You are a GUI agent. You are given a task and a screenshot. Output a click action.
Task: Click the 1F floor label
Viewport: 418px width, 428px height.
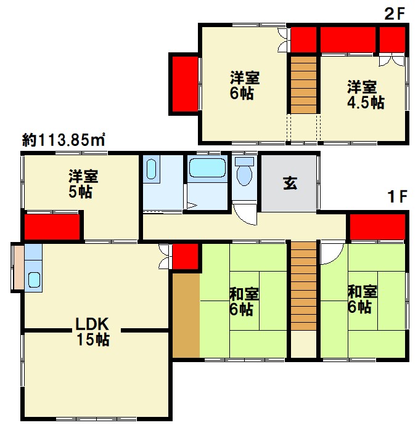[397, 196]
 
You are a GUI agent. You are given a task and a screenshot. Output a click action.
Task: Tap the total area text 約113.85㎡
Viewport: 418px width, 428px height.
[64, 140]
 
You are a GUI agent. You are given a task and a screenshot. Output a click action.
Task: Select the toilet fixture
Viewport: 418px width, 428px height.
[244, 171]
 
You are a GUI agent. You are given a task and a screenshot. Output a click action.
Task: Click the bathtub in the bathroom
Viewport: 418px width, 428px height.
[207, 168]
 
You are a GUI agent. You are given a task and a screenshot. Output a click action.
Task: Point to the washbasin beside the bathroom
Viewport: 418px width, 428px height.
[151, 169]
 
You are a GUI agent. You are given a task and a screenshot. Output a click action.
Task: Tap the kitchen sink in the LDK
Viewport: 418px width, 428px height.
[35, 280]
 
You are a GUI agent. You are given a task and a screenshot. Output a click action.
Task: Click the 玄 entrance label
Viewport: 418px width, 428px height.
[290, 183]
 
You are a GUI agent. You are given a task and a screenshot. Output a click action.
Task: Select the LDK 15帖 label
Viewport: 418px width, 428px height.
[92, 332]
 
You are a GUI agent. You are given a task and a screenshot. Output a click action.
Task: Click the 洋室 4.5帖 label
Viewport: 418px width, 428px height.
[366, 94]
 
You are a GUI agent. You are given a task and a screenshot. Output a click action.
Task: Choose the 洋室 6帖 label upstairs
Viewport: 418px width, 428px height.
[245, 86]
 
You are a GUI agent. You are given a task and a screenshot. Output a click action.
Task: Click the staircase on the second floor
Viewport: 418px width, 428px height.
[303, 85]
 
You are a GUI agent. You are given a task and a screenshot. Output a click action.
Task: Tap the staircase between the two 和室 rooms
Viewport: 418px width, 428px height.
[303, 286]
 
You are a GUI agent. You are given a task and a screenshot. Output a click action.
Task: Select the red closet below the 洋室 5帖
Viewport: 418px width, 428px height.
[52, 227]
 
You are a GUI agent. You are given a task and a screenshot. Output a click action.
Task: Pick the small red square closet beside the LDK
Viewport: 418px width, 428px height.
[185, 256]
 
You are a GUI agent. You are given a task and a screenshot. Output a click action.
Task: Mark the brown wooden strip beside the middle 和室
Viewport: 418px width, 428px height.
[186, 315]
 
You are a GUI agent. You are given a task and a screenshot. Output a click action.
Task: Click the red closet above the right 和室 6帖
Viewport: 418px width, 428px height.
[377, 227]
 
